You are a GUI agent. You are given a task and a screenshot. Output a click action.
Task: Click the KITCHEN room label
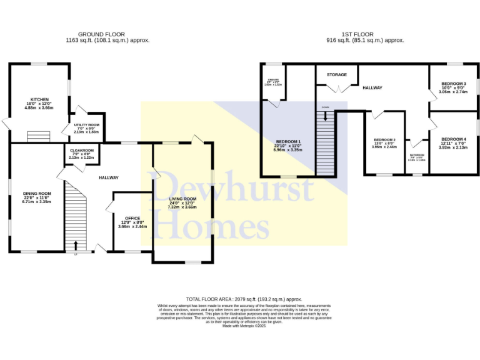pos(39,99)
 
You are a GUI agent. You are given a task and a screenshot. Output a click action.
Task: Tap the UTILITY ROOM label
pos(83,124)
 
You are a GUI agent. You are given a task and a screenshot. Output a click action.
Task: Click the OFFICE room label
pos(131,218)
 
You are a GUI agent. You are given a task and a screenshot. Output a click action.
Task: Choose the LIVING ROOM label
pos(182,199)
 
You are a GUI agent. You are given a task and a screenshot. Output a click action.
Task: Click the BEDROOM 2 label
pos(384,139)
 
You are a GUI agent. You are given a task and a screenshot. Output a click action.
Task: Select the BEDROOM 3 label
pos(454,84)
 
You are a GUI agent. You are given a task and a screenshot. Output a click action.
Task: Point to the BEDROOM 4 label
pos(452,139)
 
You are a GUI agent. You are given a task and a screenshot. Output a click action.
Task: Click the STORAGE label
pos(336,75)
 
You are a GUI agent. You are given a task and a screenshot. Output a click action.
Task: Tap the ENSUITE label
pos(272,80)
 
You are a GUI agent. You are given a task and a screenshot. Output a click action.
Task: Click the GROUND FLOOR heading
pos(101,34)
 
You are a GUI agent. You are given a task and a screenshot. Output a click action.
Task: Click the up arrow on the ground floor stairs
pos(76,244)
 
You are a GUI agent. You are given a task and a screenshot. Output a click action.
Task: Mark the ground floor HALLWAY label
pos(109,178)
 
